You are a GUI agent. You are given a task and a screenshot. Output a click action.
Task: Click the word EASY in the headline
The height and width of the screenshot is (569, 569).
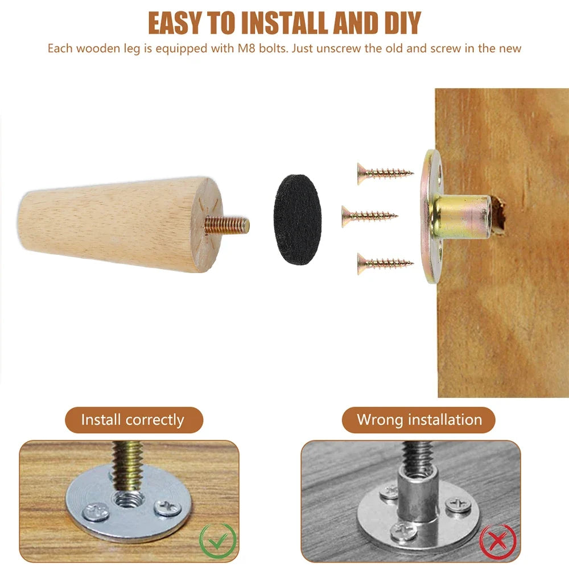point(175,23)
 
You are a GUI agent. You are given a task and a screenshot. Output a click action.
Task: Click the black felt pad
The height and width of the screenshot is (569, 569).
point(298,220)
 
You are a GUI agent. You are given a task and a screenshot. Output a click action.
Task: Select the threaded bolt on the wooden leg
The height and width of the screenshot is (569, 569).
point(227,225)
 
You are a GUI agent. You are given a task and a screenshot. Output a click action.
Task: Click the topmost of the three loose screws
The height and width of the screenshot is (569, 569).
point(385,173)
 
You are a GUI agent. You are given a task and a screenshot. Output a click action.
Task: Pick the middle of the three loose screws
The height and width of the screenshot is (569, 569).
point(369,216)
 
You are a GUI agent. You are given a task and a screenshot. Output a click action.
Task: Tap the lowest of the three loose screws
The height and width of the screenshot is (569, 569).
point(385,263)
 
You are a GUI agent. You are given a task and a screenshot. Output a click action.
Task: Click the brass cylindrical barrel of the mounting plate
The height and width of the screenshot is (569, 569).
point(460,216)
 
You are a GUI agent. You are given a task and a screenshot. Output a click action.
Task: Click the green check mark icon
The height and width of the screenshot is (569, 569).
point(218,541)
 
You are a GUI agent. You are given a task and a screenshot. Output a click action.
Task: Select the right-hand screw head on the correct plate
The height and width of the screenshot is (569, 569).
point(167,508)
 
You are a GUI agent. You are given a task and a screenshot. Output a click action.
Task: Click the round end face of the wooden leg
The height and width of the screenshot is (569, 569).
point(207,225)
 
